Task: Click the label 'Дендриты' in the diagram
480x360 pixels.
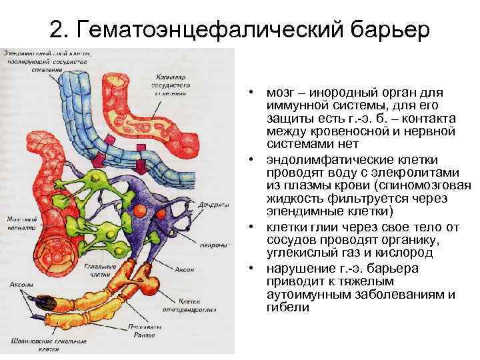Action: [x=212, y=205]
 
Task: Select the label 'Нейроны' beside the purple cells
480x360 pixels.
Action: [x=212, y=245]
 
